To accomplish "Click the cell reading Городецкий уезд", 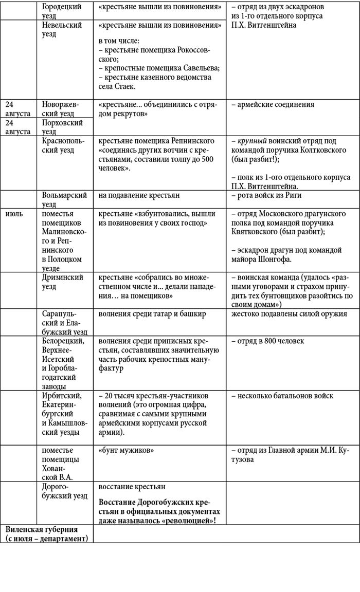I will point(62,11).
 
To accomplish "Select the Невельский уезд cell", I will point(62,29).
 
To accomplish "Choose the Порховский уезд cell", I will point(62,127).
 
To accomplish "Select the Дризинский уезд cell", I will point(62,282).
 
